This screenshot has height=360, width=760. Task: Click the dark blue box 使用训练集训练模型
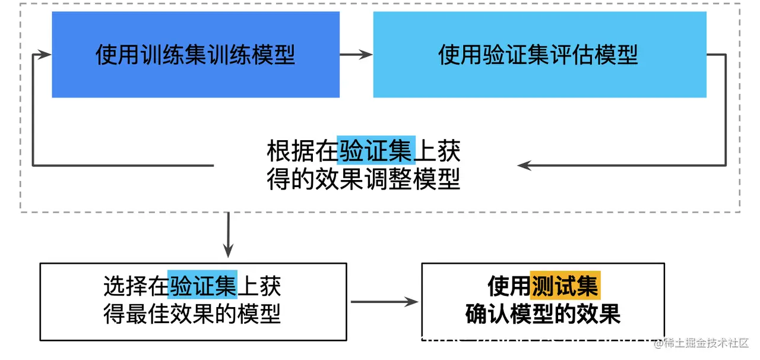pyautogui.click(x=195, y=55)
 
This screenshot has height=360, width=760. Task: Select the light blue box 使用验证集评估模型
pyautogui.click(x=539, y=55)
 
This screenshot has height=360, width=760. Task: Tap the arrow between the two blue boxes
pyautogui.click(x=356, y=55)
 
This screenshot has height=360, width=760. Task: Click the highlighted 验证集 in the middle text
pyautogui.click(x=376, y=151)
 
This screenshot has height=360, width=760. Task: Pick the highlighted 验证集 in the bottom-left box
pyautogui.click(x=202, y=286)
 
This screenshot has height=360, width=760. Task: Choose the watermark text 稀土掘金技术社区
pyautogui.click(x=706, y=343)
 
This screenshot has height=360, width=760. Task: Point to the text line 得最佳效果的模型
pyautogui.click(x=192, y=313)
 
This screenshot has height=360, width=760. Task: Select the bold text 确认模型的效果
pyautogui.click(x=543, y=314)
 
